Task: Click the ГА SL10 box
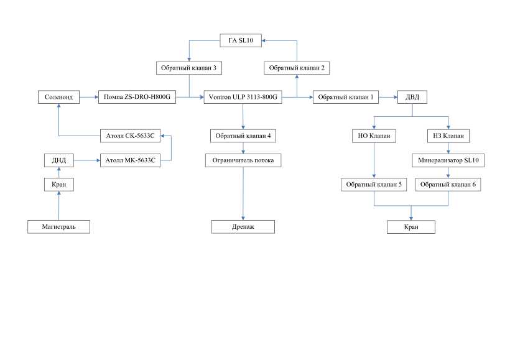point(241,41)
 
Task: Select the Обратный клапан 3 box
point(188,67)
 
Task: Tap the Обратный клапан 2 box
point(296,67)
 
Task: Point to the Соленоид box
point(59,97)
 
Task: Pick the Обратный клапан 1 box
point(345,97)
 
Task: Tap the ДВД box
point(412,97)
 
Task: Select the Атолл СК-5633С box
point(130,135)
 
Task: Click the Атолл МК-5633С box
point(130,161)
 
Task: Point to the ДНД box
point(59,161)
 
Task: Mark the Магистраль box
point(59,227)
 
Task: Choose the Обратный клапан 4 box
point(243,135)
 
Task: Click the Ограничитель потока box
point(243,161)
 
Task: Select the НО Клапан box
point(374,135)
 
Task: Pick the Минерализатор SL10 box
point(448,161)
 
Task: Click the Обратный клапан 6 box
point(448,185)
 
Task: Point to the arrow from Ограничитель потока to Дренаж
point(243,193)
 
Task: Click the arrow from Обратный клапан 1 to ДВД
point(386,97)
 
